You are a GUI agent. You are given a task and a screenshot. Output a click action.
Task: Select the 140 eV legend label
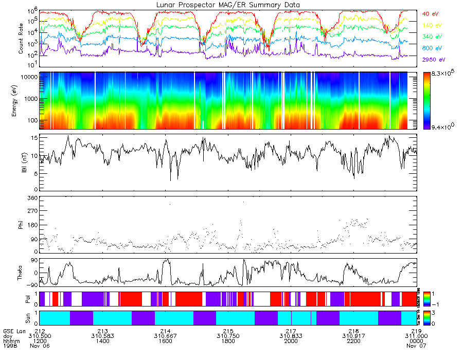tap(431, 25)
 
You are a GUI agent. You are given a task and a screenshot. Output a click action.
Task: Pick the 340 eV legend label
tap(431, 37)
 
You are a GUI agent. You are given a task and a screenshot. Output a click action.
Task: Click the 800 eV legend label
tap(431, 48)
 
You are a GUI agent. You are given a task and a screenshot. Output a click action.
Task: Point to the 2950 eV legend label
tap(432, 60)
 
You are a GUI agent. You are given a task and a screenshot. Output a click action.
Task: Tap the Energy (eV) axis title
tap(21, 100)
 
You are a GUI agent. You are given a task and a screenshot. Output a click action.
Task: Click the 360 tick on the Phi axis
tap(32, 198)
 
